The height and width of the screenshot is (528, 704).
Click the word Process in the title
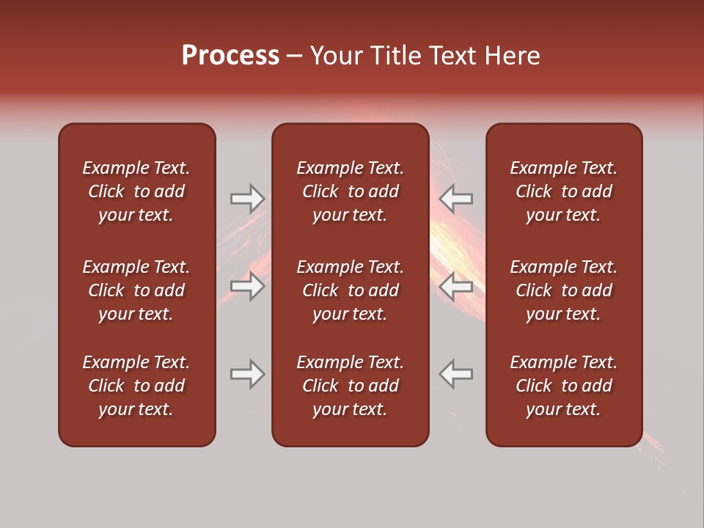tap(230, 56)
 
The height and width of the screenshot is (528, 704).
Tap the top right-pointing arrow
tap(247, 199)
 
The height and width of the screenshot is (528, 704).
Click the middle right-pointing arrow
tap(247, 286)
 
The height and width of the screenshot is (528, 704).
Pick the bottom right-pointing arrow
tap(247, 374)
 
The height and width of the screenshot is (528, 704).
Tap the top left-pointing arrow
tap(456, 199)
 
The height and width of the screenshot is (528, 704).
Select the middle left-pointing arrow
tap(456, 286)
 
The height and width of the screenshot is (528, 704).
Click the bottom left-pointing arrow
tap(456, 374)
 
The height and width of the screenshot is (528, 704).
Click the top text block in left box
tap(136, 191)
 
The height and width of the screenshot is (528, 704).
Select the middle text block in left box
tap(136, 290)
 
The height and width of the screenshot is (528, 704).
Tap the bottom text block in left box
tap(136, 386)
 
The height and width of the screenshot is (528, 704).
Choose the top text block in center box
tap(350, 191)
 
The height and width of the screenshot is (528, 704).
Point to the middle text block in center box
tap(350, 290)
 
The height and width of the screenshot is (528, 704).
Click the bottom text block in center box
tap(350, 386)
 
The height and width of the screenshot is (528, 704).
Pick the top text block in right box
tap(563, 191)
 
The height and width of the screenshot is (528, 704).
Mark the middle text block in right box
tap(563, 290)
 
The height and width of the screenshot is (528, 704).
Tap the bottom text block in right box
tap(563, 386)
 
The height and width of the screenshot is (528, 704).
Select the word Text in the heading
tap(453, 56)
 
